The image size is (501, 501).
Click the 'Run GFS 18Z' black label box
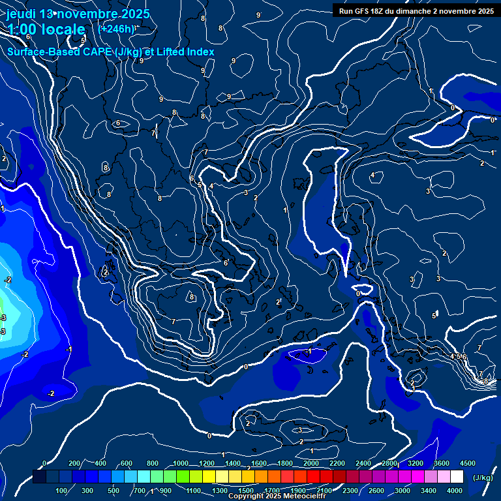click(416, 10)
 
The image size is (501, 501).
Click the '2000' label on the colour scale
click(311, 463)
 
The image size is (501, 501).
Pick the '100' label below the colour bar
click(62, 491)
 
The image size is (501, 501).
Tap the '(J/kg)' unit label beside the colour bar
click(482, 478)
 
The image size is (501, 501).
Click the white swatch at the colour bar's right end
click(457, 477)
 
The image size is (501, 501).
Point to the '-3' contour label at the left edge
click(3, 318)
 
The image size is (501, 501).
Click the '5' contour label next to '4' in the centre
click(200, 185)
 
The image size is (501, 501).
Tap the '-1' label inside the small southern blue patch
click(309, 352)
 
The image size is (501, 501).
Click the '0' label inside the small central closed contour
click(358, 294)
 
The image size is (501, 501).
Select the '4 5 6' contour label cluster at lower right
click(459, 356)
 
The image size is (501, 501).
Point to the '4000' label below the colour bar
click(455, 491)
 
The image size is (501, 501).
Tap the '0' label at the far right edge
click(493, 120)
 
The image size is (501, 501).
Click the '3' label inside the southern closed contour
click(300, 430)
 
